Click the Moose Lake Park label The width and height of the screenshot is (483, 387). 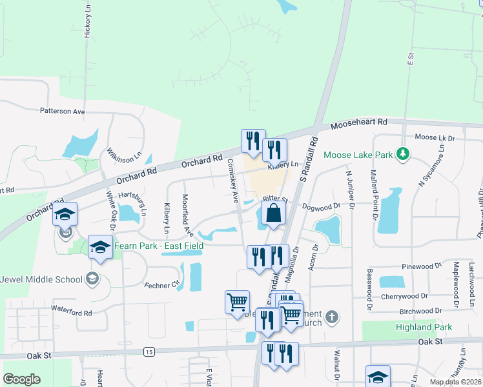(x=358, y=155)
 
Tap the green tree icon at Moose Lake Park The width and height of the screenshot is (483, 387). (x=403, y=154)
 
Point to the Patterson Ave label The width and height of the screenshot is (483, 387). (x=62, y=112)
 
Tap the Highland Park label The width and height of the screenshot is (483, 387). (x=424, y=327)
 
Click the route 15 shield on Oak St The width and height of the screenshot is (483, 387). (x=149, y=352)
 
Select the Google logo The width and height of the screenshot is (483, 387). (x=21, y=379)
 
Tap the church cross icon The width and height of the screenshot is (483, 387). (x=331, y=317)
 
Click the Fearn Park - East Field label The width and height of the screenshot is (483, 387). (x=159, y=246)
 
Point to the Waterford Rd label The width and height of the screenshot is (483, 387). (x=72, y=313)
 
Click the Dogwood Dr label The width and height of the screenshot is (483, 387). (x=325, y=206)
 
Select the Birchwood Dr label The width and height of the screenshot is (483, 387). (x=420, y=311)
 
